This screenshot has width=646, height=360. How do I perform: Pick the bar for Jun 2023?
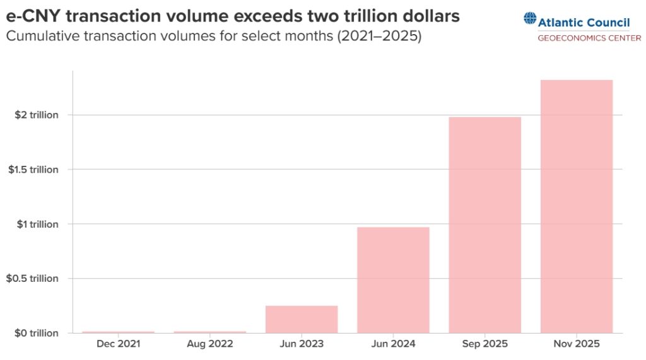302,319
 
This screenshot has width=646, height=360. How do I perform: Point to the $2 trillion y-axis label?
37,115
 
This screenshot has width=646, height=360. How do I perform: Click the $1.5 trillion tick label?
33,170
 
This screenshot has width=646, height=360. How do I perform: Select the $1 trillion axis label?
37,224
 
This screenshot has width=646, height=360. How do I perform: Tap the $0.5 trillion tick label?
33,278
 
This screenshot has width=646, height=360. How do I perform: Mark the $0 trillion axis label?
37,332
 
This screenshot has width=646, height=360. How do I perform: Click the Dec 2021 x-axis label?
119,344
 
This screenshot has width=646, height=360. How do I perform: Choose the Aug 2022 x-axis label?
210,344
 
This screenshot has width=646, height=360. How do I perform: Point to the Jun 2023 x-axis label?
302,344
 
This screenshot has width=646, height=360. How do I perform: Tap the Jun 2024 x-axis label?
393,344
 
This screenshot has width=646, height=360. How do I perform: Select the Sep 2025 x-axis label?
484,344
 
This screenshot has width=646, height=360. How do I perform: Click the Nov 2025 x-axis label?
577,344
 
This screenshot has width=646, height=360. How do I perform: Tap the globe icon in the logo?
529,19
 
